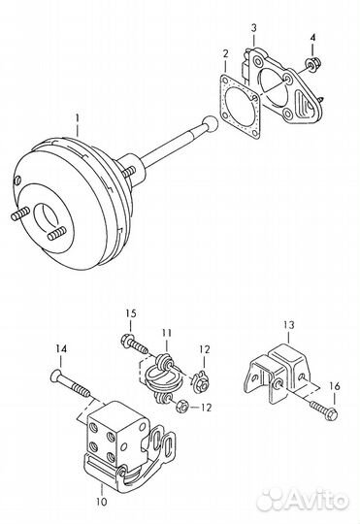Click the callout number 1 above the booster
click(x=78, y=118)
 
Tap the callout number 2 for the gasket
click(x=226, y=53)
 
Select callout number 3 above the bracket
click(x=253, y=28)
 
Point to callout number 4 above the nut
click(x=312, y=38)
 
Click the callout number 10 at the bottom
click(x=102, y=501)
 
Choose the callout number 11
click(x=167, y=333)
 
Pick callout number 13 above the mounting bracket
click(x=289, y=324)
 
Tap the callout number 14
click(x=61, y=349)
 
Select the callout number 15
click(x=131, y=313)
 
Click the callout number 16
click(x=334, y=386)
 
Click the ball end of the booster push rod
click(x=210, y=123)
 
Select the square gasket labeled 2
click(x=240, y=108)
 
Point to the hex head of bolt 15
click(x=127, y=340)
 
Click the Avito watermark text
click(x=304, y=500)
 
